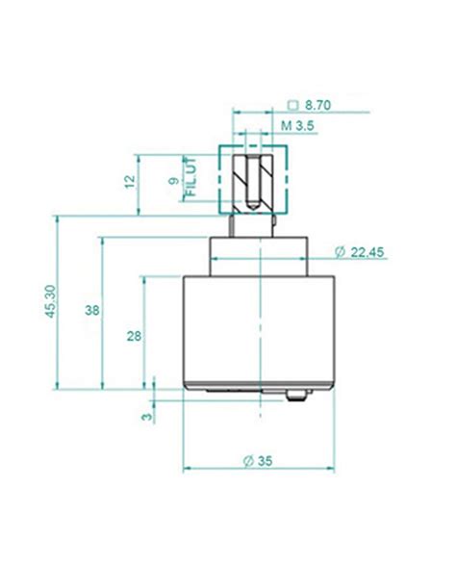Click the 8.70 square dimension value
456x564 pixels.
click(x=317, y=106)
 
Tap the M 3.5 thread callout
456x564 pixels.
click(x=297, y=126)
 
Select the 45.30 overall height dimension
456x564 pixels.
click(x=50, y=301)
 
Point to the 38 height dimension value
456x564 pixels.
click(x=92, y=310)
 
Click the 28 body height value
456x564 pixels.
click(x=134, y=336)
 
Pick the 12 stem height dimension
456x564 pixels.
click(x=130, y=181)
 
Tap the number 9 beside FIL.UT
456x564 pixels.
click(x=174, y=181)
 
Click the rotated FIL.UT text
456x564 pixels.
click(x=190, y=176)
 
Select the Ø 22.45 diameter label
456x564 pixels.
click(x=359, y=252)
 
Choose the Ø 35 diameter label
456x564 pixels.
click(x=258, y=461)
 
